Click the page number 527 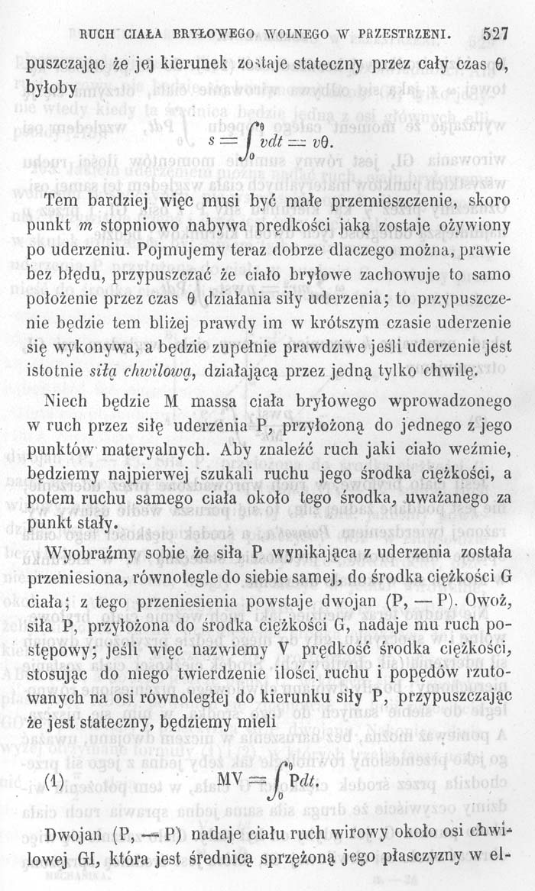[496, 33]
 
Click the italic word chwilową [153, 372]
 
